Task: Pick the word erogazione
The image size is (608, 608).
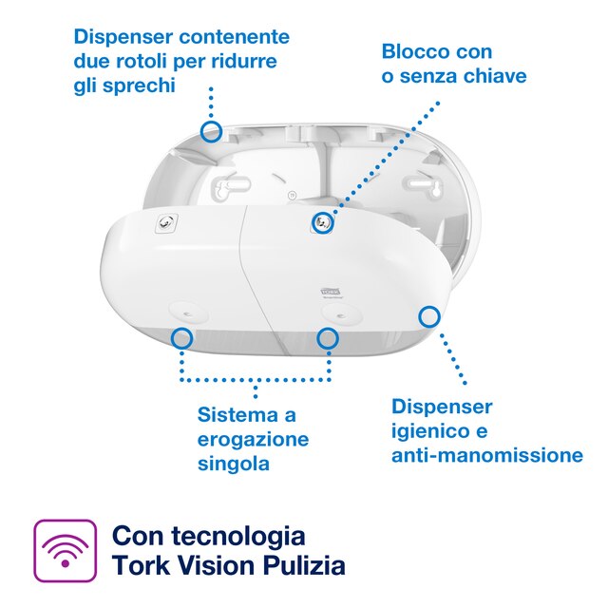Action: tap(253, 439)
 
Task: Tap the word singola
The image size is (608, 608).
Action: tap(234, 464)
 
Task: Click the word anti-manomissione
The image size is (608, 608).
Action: tap(487, 455)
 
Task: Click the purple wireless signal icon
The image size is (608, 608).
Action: tap(65, 550)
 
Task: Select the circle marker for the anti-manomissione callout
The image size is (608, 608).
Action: tap(429, 315)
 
